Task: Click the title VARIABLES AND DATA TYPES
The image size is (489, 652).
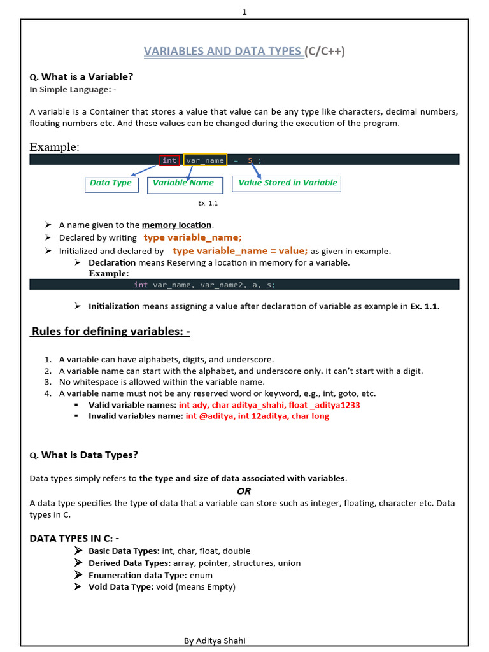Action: pos(223,52)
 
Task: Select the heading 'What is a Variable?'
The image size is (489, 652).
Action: pos(87,77)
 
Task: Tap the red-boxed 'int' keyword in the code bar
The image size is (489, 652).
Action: pos(169,160)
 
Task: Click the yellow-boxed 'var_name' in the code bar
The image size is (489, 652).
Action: pos(205,160)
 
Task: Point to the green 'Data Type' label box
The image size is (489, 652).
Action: pos(111,183)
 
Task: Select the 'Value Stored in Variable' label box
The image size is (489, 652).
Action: pos(287,183)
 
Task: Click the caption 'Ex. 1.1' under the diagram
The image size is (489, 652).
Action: pos(208,204)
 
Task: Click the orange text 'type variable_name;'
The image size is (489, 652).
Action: pos(193,237)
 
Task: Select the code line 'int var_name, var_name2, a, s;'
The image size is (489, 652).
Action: pos(204,285)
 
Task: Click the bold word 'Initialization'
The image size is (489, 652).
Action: pos(114,306)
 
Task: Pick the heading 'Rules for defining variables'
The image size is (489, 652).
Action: pos(111,332)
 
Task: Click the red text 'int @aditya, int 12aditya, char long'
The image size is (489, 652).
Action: pos(257,416)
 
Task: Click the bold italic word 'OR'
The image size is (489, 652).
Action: pos(244,491)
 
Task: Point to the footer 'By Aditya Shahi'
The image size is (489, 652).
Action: pos(215,641)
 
